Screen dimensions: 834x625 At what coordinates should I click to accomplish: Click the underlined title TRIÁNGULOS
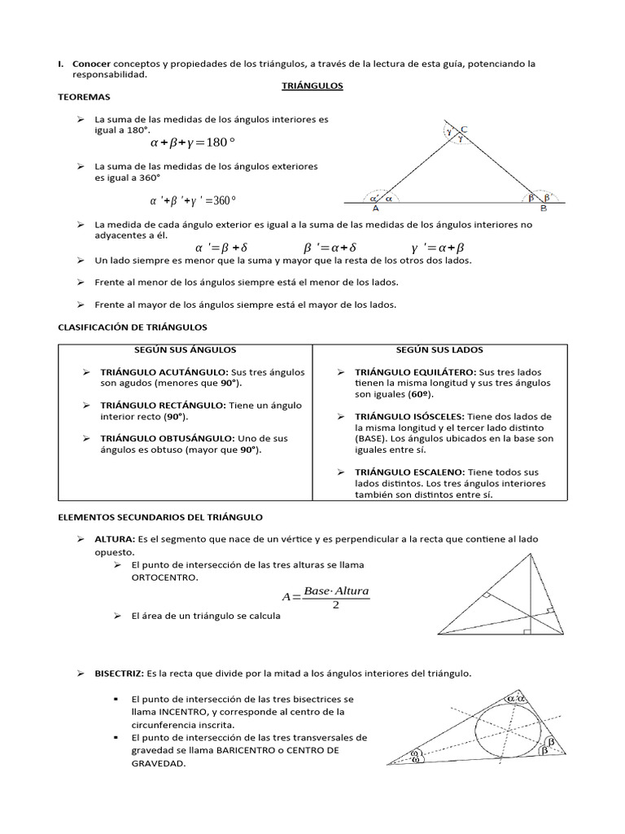pyautogui.click(x=312, y=86)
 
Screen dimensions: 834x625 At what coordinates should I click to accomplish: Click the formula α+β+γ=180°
pyautogui.click(x=193, y=143)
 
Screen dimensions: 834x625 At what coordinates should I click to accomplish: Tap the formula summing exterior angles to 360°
pyautogui.click(x=193, y=200)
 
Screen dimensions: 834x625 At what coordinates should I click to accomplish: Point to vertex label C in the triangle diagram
pyautogui.click(x=464, y=129)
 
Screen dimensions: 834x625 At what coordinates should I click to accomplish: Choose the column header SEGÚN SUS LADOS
pyautogui.click(x=439, y=349)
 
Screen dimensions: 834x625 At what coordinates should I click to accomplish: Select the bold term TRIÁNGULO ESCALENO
pyautogui.click(x=409, y=472)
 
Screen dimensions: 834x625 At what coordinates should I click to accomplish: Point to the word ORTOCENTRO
pyautogui.click(x=164, y=577)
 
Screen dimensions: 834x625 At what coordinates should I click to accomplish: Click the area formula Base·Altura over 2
pyautogui.click(x=326, y=596)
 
